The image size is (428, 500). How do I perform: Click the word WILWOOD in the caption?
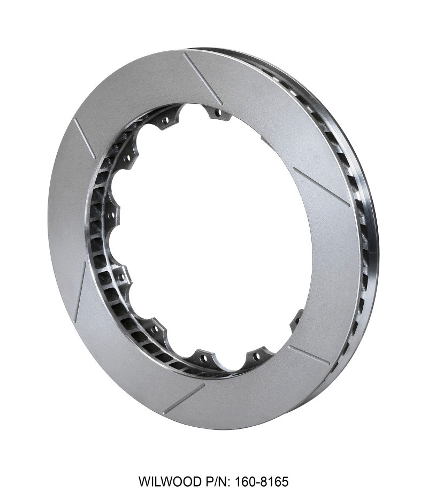[x=170, y=481]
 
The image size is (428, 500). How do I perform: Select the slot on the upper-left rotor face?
[x=84, y=139]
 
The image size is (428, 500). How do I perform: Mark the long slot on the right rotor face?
[x=321, y=187]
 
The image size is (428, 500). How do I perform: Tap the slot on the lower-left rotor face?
[x=80, y=292]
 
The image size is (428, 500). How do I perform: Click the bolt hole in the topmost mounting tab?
[x=217, y=113]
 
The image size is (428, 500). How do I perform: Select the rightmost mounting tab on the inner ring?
[x=297, y=321]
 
